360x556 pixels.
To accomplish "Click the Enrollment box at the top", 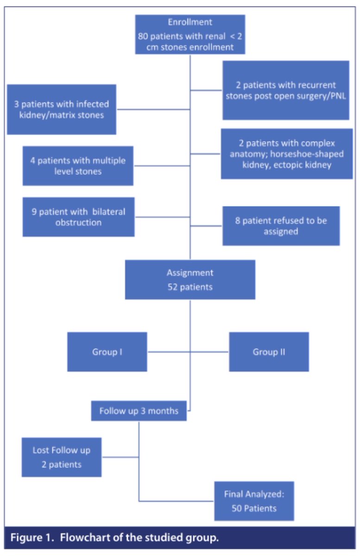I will click(190, 35).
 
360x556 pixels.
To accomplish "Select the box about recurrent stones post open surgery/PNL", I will click(285, 90).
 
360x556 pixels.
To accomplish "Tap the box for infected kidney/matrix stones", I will click(61, 109).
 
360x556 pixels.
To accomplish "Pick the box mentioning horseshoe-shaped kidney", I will click(286, 154).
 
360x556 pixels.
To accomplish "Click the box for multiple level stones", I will click(78, 166).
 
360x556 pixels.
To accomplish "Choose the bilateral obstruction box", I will click(78, 217).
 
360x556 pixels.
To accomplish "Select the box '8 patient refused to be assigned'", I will click(281, 226).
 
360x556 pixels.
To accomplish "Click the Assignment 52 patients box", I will click(190, 279).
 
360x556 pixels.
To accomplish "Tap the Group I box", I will click(107, 352).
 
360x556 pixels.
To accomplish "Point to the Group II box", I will click(269, 352).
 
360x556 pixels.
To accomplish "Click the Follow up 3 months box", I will click(139, 411).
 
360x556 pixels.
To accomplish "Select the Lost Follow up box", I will click(61, 457).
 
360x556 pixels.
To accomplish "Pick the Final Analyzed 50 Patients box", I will click(254, 501).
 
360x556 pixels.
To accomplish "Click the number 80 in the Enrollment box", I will click(144, 36).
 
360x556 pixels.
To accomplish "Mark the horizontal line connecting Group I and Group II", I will click(188, 352).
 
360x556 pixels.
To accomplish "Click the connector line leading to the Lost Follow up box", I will click(120, 457).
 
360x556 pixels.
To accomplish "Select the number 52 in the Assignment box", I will click(173, 287).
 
